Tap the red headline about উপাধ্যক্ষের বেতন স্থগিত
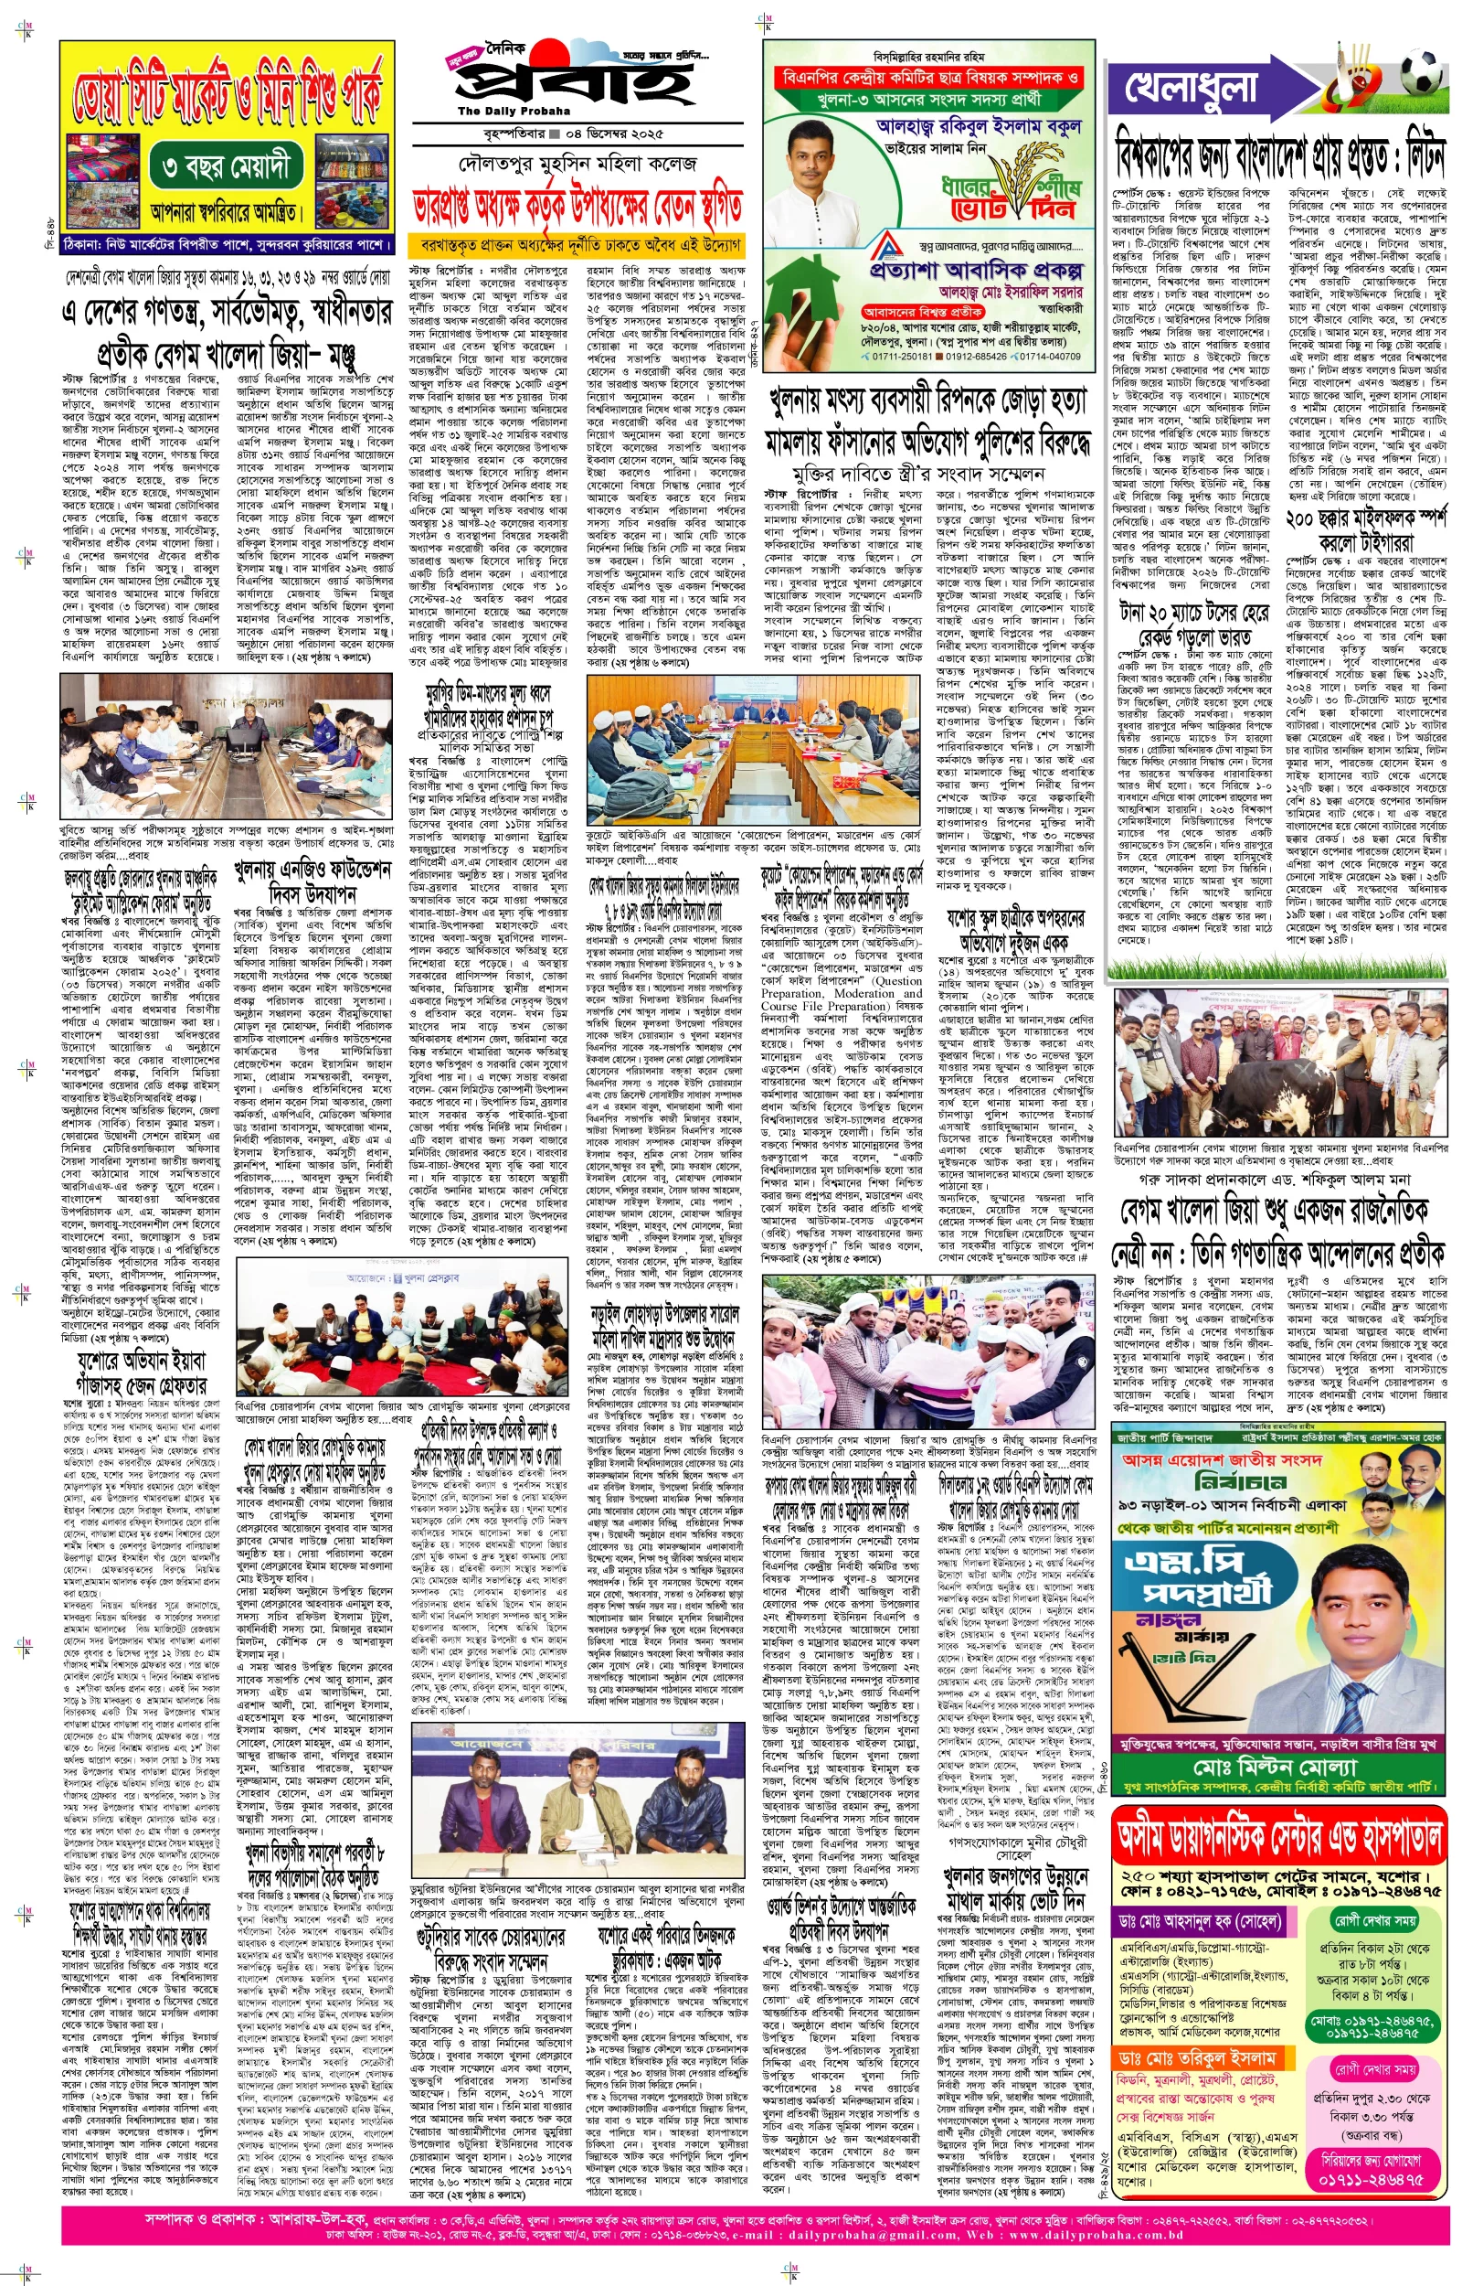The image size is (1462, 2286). click(577, 206)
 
